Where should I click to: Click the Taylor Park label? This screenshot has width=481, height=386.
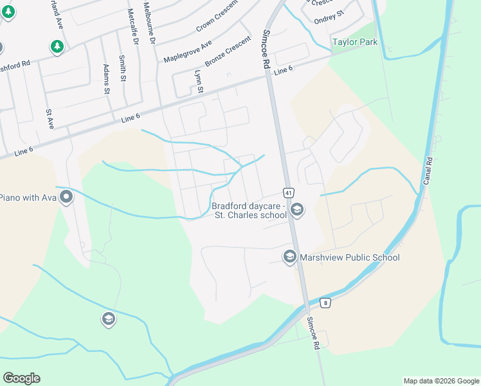pos(354,42)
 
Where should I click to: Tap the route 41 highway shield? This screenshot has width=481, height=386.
pos(288,192)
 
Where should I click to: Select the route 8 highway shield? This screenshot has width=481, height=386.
pos(326,303)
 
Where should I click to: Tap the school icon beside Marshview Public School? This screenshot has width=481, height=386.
pos(289,257)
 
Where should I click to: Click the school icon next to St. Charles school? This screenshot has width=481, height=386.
pos(297,210)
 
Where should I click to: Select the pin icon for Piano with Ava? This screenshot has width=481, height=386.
pos(65,198)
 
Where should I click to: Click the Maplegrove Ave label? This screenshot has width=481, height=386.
pos(187,51)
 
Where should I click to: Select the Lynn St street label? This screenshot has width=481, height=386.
pos(199,81)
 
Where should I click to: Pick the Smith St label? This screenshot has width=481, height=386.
pos(122,68)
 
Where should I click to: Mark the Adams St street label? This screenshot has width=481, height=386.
pos(106,79)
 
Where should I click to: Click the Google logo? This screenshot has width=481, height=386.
pos(21,378)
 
